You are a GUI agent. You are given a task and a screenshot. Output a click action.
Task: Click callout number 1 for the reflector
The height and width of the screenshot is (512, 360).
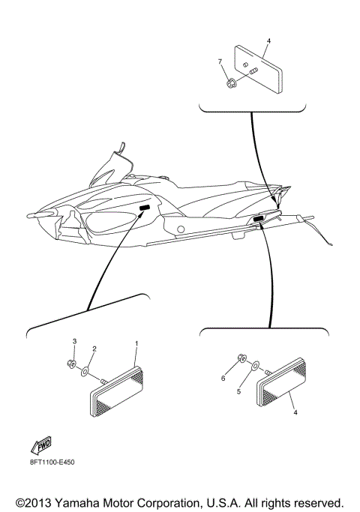[x=136, y=343]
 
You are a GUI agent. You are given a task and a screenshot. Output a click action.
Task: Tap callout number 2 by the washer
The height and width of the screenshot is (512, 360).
[x=94, y=349]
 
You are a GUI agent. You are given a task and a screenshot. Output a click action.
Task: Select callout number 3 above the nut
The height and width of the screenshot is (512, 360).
[x=74, y=341]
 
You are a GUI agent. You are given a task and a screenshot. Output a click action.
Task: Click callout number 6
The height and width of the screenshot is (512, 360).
[x=223, y=379]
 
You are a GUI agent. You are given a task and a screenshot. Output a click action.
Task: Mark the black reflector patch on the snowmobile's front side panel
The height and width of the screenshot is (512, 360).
[x=145, y=207]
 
